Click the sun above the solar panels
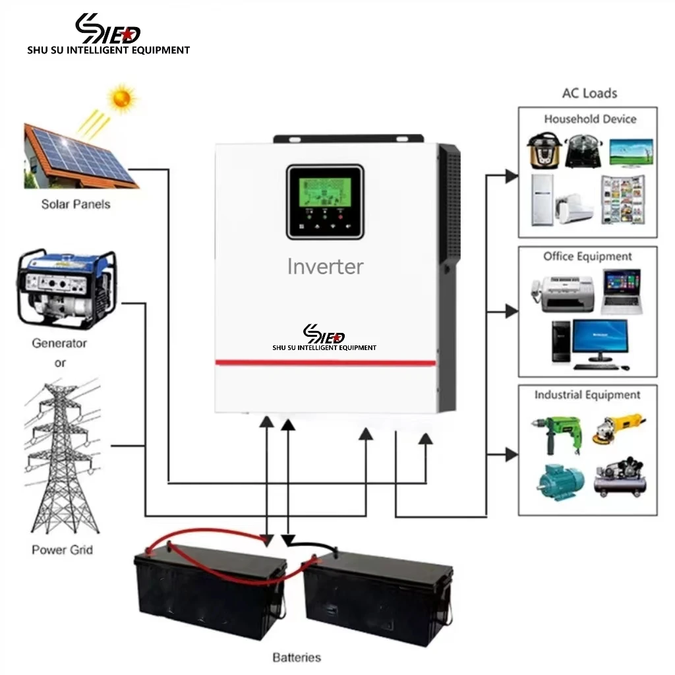[122, 98]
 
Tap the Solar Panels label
[76, 204]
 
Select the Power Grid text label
[62, 550]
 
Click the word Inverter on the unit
[325, 266]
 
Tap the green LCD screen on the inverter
[325, 188]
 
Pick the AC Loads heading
[589, 93]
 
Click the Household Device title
[590, 119]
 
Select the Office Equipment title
[587, 256]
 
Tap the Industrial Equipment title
[587, 395]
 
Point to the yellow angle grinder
[620, 428]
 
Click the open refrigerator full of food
[622, 199]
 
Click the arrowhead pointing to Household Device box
[511, 176]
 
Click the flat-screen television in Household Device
[631, 151]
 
